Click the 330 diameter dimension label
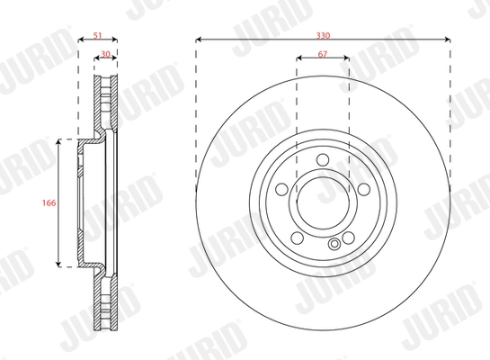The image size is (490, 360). coord(322,34)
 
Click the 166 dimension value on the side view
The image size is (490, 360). coord(50,203)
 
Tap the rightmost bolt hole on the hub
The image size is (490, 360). coord(361,190)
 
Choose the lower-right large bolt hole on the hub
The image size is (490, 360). coord(346,238)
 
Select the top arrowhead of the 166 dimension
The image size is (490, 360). coord(59,142)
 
